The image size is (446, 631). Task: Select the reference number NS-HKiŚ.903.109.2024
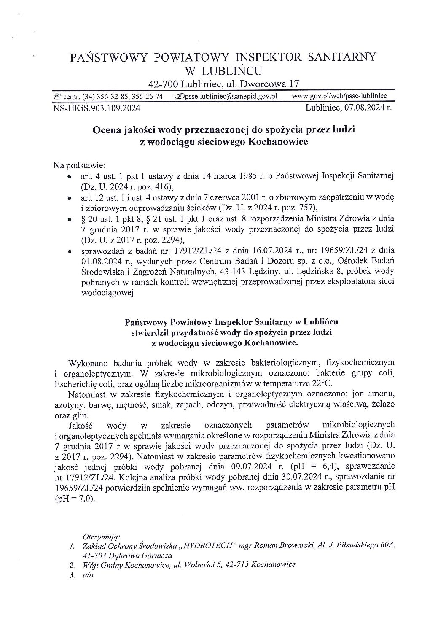(97, 108)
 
